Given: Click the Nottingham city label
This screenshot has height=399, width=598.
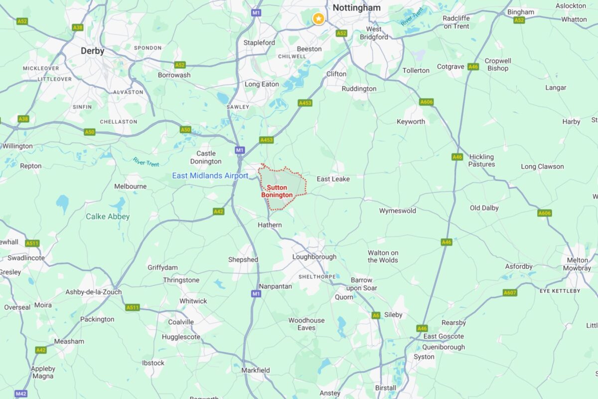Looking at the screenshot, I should pos(356,7).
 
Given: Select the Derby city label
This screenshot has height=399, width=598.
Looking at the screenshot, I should pos(93,51).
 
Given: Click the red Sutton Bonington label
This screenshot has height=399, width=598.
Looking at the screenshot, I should pos(277,191).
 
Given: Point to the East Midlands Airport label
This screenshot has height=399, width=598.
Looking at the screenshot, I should pos(210,176).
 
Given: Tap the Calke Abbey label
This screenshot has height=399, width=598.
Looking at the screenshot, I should pos(108,216).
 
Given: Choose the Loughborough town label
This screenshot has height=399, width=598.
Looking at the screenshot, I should pos(314,257).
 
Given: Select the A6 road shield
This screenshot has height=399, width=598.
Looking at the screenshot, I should pos(376,315).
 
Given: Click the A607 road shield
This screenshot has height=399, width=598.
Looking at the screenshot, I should pos(510,293).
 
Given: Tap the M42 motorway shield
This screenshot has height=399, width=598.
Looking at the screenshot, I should pos(21,394).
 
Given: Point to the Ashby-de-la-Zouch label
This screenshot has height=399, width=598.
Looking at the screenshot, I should pos(94,292).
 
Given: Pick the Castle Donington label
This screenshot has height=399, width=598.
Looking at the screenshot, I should pos(206,157).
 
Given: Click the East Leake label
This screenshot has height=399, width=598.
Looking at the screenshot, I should pos(333,179).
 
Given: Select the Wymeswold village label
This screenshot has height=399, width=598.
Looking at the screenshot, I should pos(398,210).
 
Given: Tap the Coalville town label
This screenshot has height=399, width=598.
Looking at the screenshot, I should pos(181,322).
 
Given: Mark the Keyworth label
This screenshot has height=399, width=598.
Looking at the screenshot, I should pos(411,122).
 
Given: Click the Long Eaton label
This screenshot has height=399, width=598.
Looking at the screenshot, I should pos(262,84).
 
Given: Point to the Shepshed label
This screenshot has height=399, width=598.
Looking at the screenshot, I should pos(243,259).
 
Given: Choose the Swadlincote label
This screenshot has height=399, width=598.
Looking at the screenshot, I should pos(26,258).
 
